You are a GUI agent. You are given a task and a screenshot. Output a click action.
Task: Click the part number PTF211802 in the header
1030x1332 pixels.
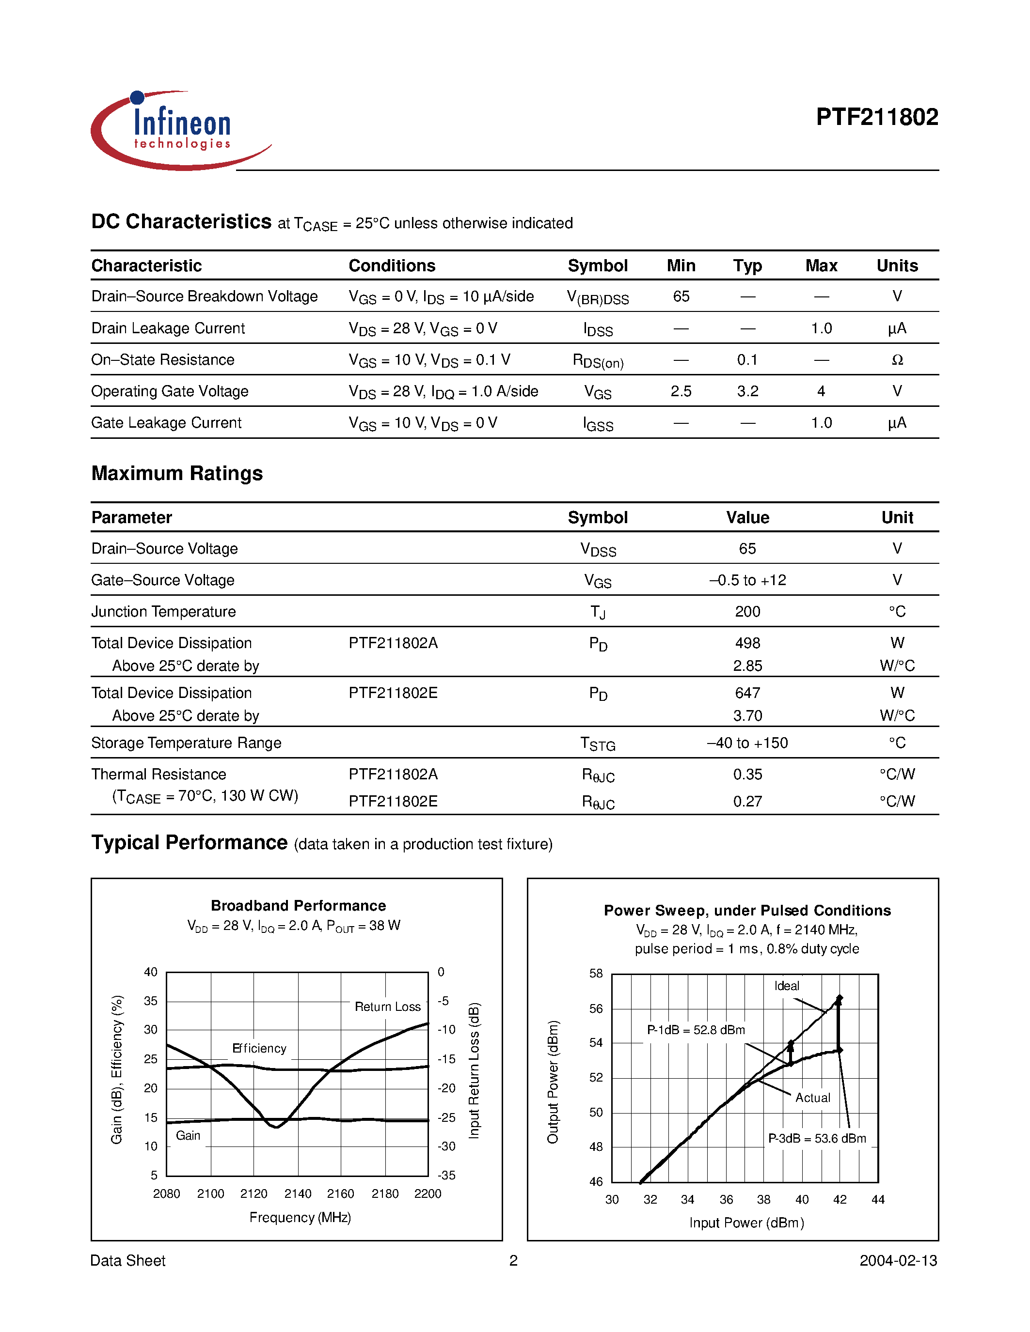coord(876,117)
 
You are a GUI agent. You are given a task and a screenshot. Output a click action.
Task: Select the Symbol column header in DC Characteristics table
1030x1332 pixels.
coord(597,266)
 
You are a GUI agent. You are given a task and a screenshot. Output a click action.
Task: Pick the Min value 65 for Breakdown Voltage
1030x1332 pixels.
coord(681,296)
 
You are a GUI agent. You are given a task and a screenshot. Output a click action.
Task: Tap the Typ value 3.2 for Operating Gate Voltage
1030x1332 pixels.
coord(747,391)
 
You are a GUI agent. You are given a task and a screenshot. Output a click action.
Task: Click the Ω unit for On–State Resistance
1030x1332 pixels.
coord(896,360)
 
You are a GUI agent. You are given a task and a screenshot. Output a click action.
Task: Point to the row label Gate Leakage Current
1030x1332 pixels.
coord(167,423)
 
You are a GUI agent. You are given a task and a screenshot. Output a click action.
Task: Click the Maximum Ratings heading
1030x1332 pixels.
coord(177,473)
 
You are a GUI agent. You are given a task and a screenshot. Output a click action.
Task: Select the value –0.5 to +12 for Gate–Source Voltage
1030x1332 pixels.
coord(747,580)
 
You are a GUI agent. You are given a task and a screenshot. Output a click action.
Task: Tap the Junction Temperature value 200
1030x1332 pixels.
coord(747,612)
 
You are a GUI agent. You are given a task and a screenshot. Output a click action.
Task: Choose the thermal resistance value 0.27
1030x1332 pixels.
coord(747,802)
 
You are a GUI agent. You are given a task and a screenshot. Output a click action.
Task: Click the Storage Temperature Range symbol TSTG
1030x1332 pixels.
coord(597,743)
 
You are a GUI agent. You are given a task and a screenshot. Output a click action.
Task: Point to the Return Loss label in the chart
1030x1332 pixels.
coord(387,1007)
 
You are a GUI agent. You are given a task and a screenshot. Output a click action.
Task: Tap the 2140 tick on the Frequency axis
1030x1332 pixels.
coord(298,1193)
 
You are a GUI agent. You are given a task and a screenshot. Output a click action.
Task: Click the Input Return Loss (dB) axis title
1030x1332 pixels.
coord(474,1070)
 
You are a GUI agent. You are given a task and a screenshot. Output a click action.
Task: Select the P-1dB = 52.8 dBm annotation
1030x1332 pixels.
coord(696,1030)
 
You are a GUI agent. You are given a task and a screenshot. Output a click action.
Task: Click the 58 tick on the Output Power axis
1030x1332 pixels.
coord(596,974)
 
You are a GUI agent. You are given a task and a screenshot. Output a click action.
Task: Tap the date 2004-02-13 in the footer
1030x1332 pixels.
coord(898,1261)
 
